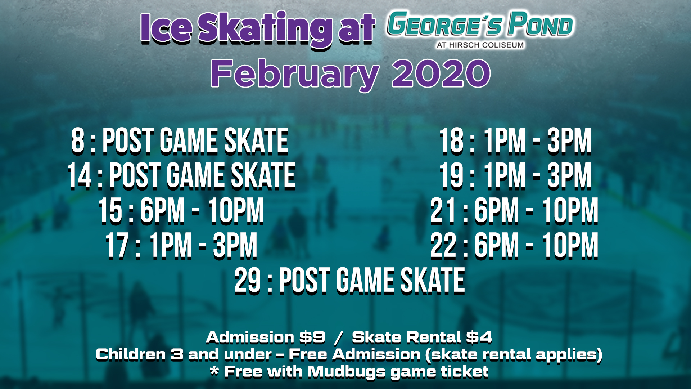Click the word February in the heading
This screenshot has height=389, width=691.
tap(295, 75)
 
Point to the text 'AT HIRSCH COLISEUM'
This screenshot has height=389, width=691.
tap(480, 45)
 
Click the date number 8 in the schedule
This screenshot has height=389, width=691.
tap(78, 141)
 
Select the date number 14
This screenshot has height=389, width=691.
tap(80, 175)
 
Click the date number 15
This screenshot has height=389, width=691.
tap(110, 211)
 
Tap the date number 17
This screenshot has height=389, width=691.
tap(117, 246)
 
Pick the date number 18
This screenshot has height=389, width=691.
tap(451, 141)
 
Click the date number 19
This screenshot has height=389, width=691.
tap(451, 175)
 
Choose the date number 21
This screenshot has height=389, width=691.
tap(443, 211)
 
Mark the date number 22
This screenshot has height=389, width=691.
tap(443, 246)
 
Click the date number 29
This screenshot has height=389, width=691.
tap(248, 281)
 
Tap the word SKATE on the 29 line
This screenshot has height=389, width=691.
tap(433, 281)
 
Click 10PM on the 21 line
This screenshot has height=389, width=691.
tap(570, 211)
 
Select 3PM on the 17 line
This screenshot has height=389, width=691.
tap(235, 246)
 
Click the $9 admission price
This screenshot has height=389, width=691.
tap(312, 337)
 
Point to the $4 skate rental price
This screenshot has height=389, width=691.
tap(479, 337)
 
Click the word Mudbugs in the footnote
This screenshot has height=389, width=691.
tap(346, 372)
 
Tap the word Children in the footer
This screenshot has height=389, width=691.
tap(131, 354)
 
